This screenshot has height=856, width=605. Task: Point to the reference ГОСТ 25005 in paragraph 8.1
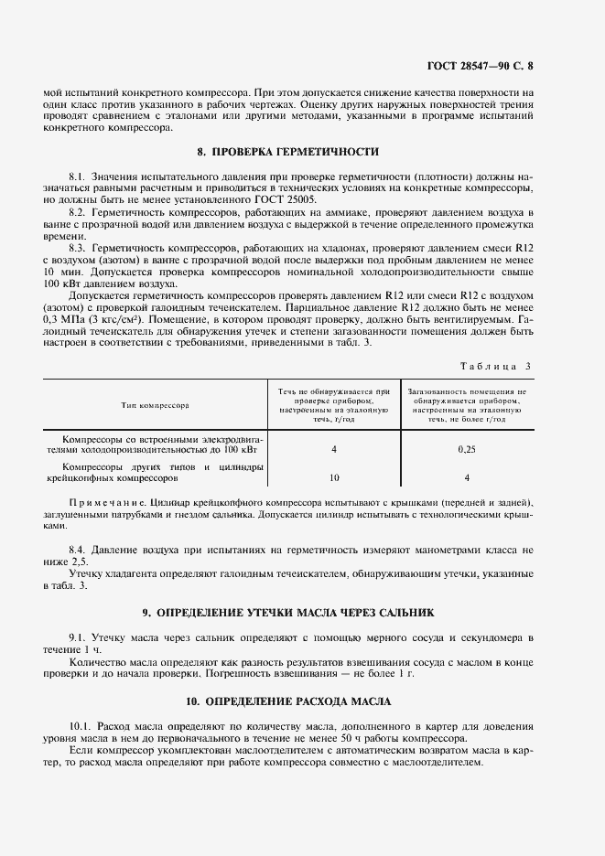(x=286, y=198)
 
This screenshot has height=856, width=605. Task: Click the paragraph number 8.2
(x=77, y=211)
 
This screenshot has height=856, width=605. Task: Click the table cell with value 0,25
(x=467, y=450)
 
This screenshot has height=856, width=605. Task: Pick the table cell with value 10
(x=334, y=477)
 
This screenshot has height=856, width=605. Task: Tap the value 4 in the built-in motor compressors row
(x=334, y=450)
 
